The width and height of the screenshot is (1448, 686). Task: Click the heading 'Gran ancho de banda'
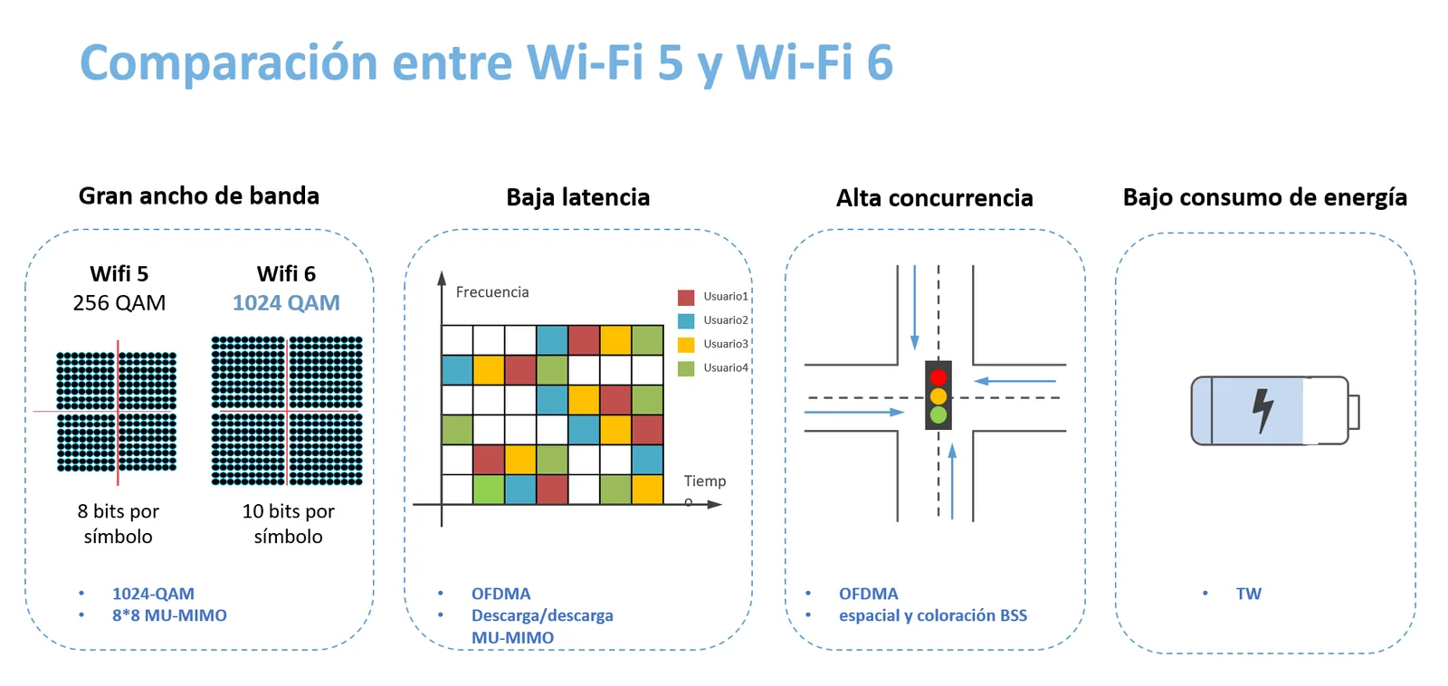tap(199, 196)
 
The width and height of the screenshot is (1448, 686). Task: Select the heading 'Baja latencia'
tap(578, 197)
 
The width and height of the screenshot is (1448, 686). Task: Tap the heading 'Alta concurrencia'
tap(935, 198)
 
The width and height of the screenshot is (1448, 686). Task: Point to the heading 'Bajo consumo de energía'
tap(1265, 198)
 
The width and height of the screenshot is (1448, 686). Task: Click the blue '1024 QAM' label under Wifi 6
tap(286, 302)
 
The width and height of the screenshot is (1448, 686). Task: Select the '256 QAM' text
tap(119, 302)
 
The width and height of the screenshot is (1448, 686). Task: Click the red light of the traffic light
tap(938, 377)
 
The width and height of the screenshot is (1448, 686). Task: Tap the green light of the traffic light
tap(938, 415)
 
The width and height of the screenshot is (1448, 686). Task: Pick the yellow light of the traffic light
tap(938, 395)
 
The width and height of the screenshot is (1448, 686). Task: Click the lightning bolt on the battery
tap(1262, 410)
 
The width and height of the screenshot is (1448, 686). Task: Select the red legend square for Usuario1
tap(686, 298)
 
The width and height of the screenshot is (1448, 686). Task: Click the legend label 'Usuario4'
tap(725, 368)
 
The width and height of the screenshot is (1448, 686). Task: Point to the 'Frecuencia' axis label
tap(492, 292)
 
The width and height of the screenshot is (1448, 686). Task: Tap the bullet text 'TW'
tap(1248, 594)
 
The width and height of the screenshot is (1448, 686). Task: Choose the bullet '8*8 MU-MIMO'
tap(169, 615)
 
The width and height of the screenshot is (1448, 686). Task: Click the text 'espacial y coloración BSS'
tap(933, 615)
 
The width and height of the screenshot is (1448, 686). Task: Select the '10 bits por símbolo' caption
tap(289, 524)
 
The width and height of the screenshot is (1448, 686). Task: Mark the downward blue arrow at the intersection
tap(915, 307)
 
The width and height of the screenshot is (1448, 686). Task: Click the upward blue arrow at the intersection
tap(952, 481)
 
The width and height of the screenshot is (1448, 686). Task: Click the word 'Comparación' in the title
tap(229, 63)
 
